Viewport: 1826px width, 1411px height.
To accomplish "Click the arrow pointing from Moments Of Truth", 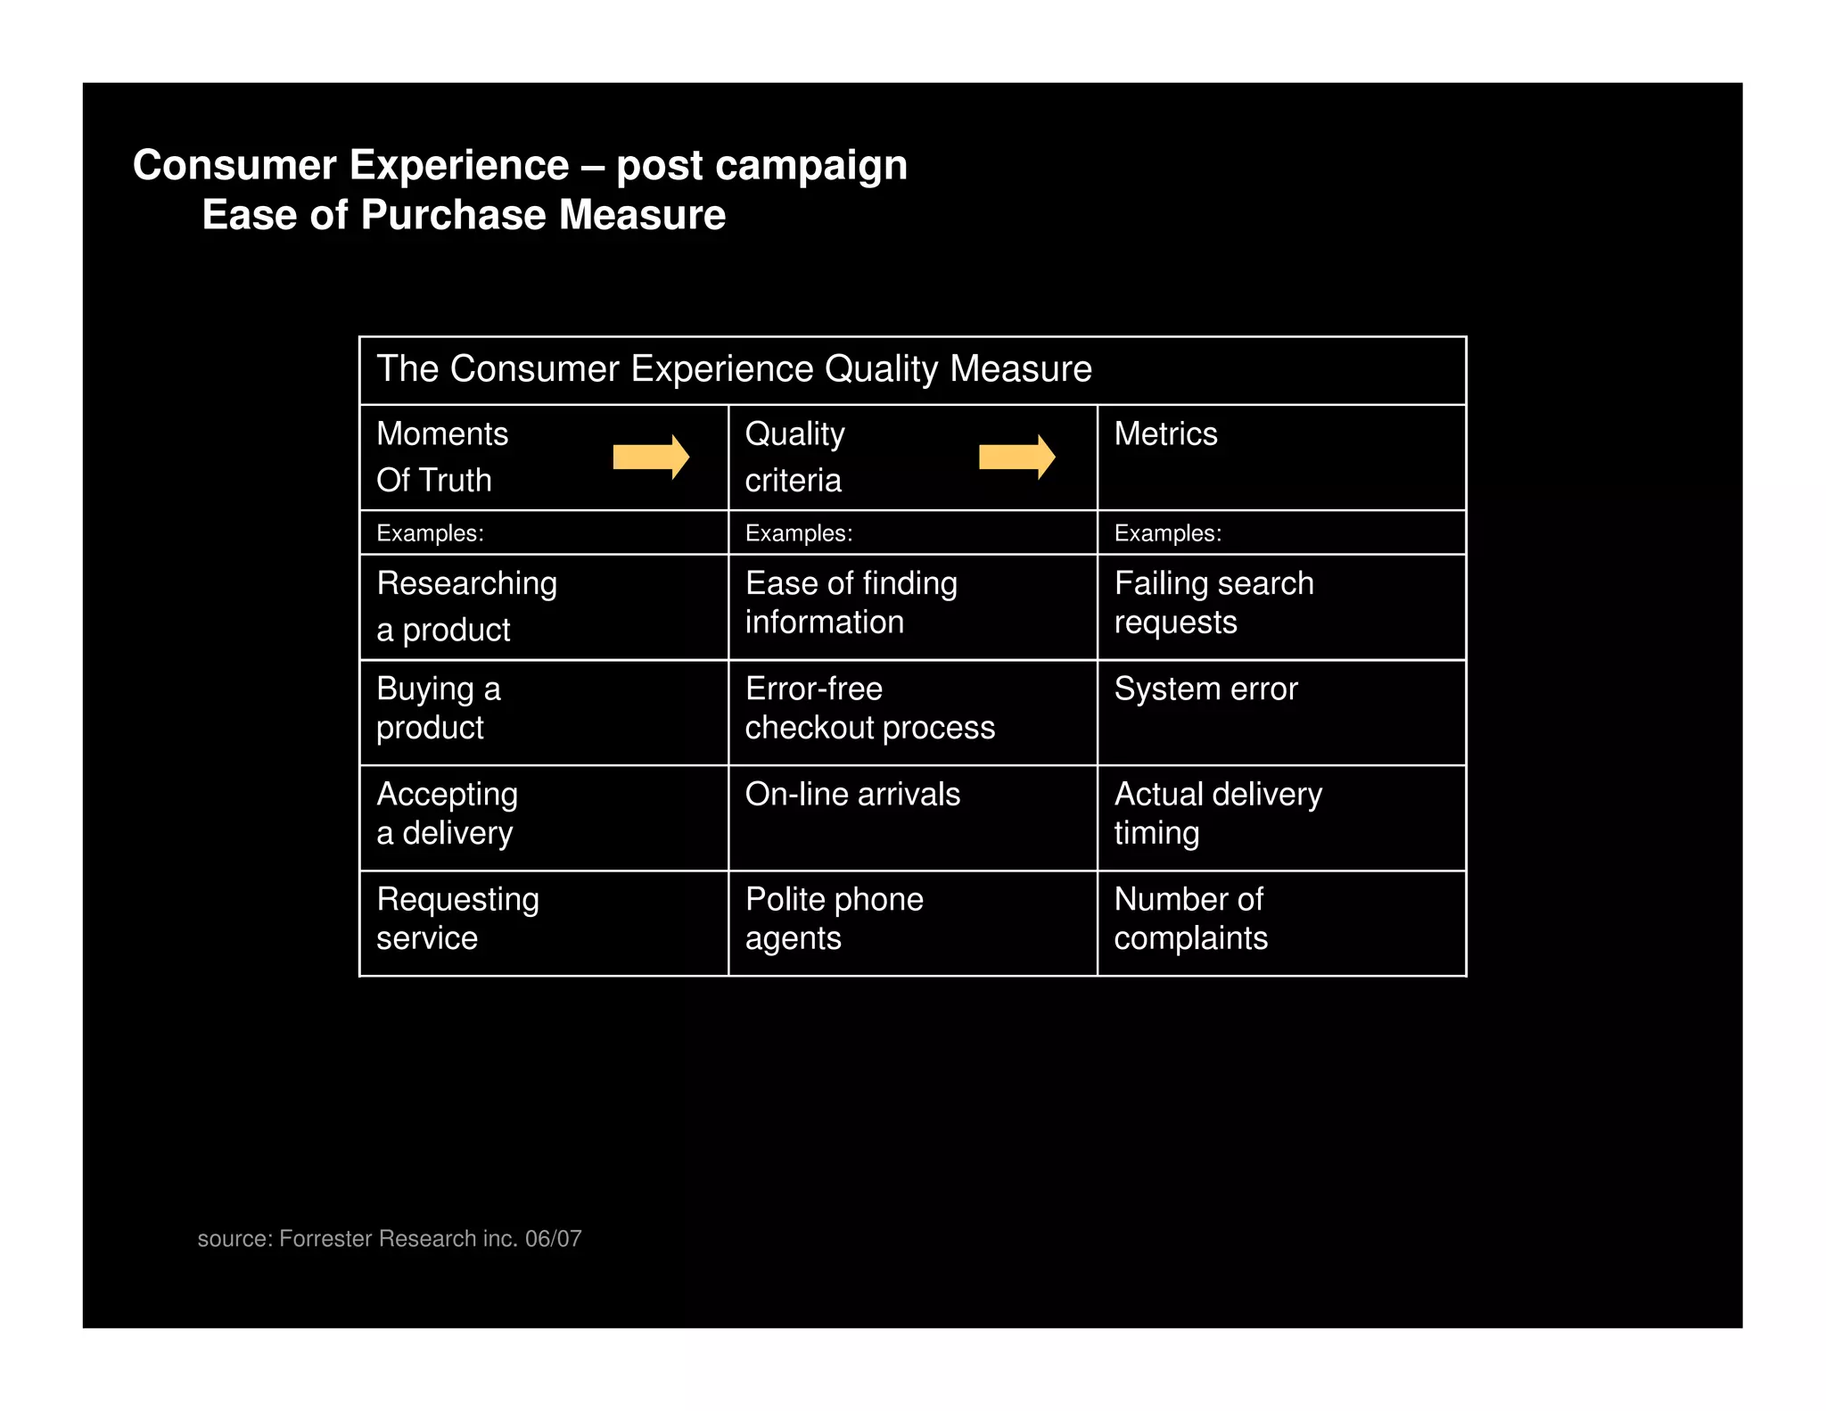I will click(651, 458).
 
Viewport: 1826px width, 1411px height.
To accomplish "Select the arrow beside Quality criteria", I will click(1016, 458).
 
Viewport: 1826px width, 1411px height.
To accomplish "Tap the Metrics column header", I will click(1165, 434).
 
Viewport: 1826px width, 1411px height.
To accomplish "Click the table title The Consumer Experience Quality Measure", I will click(734, 369).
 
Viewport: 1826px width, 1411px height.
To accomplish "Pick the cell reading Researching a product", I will click(466, 606).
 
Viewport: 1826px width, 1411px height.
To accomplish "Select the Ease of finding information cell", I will click(851, 603).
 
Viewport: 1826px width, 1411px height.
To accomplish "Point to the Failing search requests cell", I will click(1213, 603).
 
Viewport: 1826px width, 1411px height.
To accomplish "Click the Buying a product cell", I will click(439, 708).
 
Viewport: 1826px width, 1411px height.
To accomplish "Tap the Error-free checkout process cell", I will click(869, 708).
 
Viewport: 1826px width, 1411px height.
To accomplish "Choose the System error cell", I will click(1205, 689).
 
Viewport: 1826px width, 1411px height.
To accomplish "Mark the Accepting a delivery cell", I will click(447, 813).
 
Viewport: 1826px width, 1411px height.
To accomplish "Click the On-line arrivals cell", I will click(852, 795).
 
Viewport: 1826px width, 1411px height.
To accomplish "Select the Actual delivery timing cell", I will click(1218, 813).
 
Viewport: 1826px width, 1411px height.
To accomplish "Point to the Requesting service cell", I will click(457, 919).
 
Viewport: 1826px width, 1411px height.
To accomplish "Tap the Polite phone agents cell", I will click(834, 919).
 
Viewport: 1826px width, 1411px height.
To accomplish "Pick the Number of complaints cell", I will click(1190, 919).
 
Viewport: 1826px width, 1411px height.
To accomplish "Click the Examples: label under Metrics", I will click(1167, 533).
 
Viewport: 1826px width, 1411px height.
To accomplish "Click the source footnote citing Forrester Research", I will click(390, 1239).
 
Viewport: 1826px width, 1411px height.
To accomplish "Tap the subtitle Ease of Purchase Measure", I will click(464, 215).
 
